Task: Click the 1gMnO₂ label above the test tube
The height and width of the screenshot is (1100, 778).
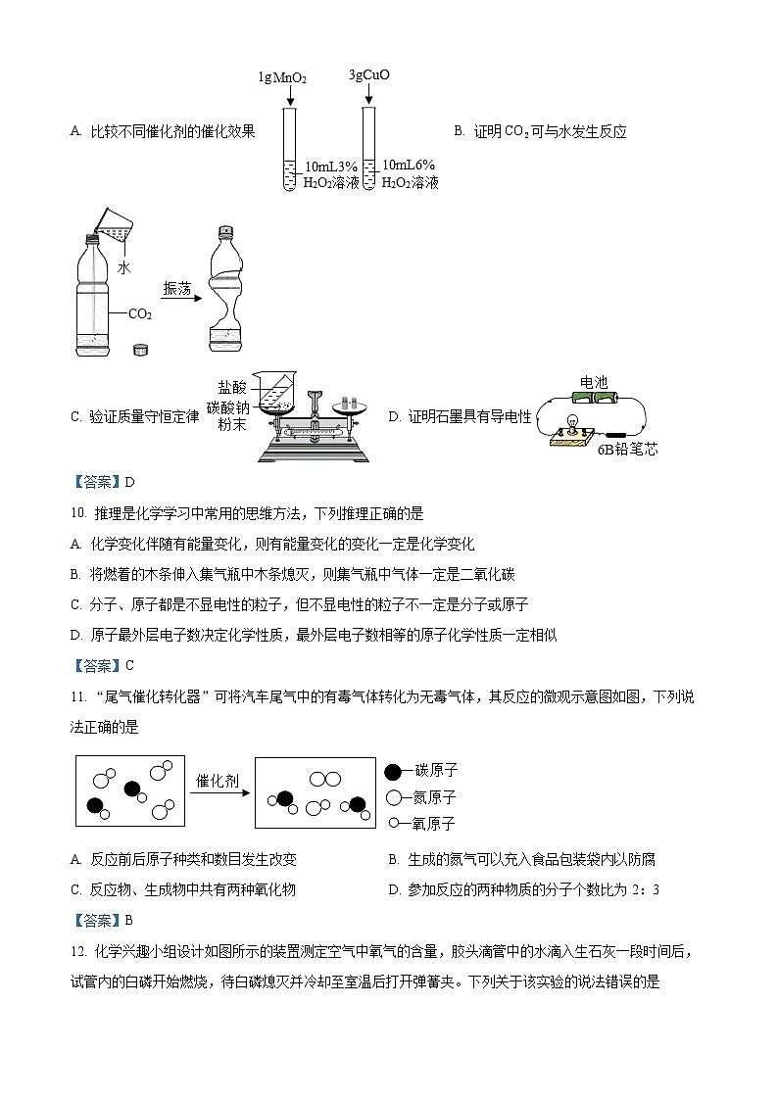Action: [282, 77]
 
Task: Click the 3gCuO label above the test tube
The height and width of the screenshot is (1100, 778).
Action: [368, 74]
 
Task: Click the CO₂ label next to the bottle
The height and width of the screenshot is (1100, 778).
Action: [140, 314]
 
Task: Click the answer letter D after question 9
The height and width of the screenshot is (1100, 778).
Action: [128, 481]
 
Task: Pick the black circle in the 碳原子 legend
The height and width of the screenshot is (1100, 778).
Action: [394, 771]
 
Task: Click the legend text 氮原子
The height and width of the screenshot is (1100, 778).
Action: [435, 797]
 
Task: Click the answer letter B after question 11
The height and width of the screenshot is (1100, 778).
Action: [128, 920]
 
